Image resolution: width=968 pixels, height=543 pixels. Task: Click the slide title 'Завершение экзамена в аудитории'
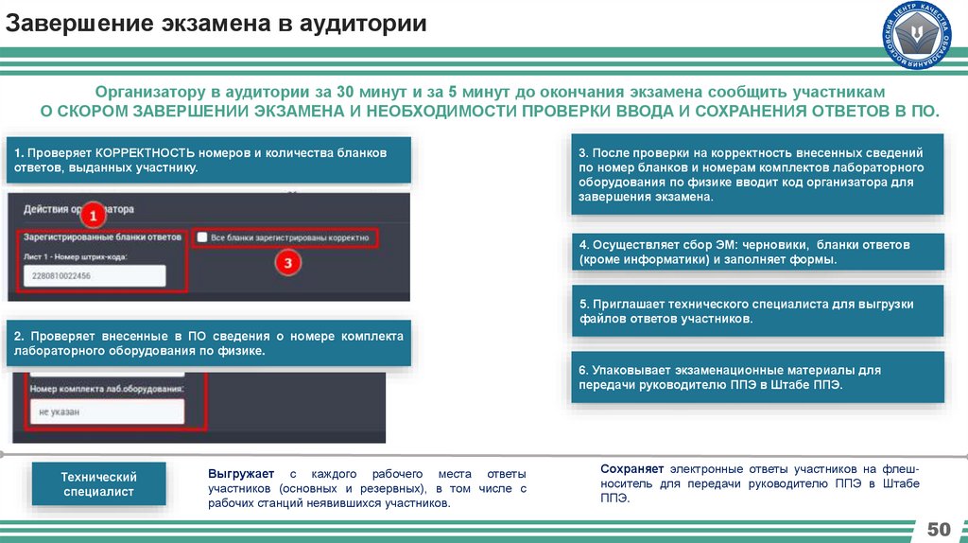216,24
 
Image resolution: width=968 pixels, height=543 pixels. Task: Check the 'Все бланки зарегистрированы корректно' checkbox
201,237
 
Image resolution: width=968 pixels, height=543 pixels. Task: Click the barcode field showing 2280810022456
93,275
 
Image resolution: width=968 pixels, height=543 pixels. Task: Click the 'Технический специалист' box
99,483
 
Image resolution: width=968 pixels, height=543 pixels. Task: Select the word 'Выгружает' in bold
242,472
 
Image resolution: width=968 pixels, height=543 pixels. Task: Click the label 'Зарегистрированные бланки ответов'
102,237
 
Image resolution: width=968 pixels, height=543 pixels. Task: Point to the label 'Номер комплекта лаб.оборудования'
107,388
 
